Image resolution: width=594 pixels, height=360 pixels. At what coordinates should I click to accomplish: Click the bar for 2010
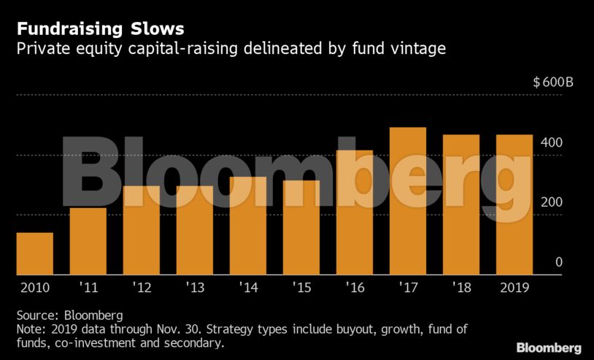click(34, 253)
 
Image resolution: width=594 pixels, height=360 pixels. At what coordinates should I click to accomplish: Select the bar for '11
click(88, 241)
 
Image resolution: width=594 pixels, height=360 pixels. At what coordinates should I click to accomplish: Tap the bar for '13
click(194, 230)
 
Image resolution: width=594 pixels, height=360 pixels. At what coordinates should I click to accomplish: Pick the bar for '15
click(301, 227)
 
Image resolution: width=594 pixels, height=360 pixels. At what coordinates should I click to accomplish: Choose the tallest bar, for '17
click(407, 201)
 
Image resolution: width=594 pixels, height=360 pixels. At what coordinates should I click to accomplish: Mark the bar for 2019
click(514, 204)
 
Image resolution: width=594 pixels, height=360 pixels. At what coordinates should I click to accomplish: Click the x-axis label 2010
click(34, 287)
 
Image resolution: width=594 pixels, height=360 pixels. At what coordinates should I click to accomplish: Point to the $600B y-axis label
click(552, 82)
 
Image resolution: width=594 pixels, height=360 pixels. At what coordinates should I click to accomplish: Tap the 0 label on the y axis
click(558, 262)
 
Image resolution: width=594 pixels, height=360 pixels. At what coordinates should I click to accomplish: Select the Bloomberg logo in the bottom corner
click(548, 348)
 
